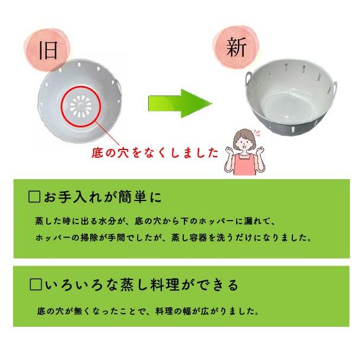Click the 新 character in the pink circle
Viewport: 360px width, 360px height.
click(x=235, y=47)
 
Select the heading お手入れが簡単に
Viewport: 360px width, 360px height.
click(x=101, y=196)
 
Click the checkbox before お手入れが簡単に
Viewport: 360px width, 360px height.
click(x=34, y=196)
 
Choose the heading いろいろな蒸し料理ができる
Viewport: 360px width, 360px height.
click(x=140, y=285)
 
